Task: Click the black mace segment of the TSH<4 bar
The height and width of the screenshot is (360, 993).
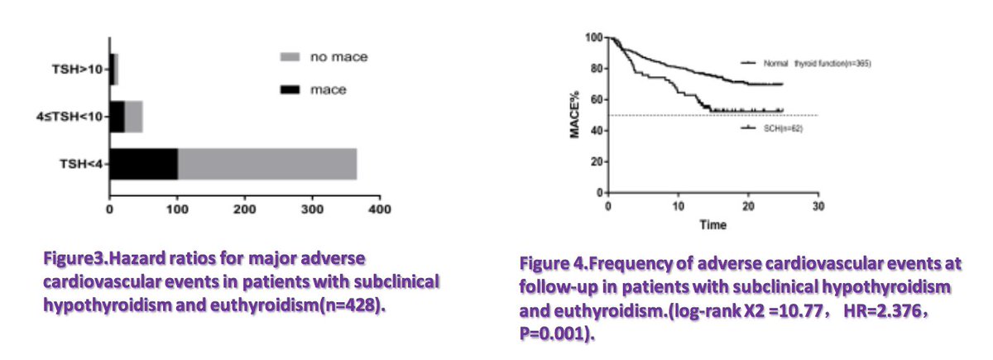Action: click(x=143, y=164)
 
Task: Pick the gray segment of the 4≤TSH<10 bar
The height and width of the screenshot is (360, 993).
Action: click(x=133, y=117)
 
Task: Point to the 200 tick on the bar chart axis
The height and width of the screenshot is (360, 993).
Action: click(x=245, y=212)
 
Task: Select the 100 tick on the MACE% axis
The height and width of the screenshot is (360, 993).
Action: click(x=593, y=37)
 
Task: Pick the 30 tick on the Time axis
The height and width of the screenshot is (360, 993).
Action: click(x=818, y=205)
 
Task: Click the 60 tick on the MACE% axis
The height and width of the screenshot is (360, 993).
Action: click(x=596, y=100)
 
